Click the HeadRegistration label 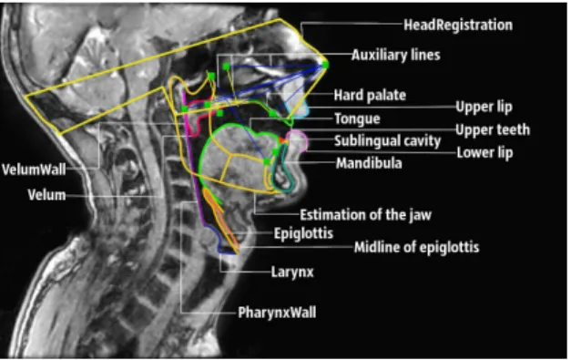pyautogui.click(x=458, y=25)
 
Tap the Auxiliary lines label pyautogui.click(x=396, y=55)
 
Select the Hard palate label pyautogui.click(x=370, y=95)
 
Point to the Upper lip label pyautogui.click(x=484, y=108)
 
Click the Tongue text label pyautogui.click(x=357, y=118)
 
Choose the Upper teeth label pyautogui.click(x=493, y=129)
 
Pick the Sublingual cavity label pyautogui.click(x=387, y=141)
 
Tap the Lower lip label pyautogui.click(x=484, y=153)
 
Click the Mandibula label pyautogui.click(x=369, y=163)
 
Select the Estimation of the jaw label pyautogui.click(x=365, y=214)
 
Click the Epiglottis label pyautogui.click(x=303, y=233)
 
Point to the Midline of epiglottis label pyautogui.click(x=416, y=247)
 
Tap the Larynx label pyautogui.click(x=292, y=272)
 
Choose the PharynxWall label pyautogui.click(x=277, y=313)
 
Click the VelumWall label pyautogui.click(x=34, y=170)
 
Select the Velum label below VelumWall pyautogui.click(x=47, y=195)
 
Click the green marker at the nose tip pyautogui.click(x=325, y=65)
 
